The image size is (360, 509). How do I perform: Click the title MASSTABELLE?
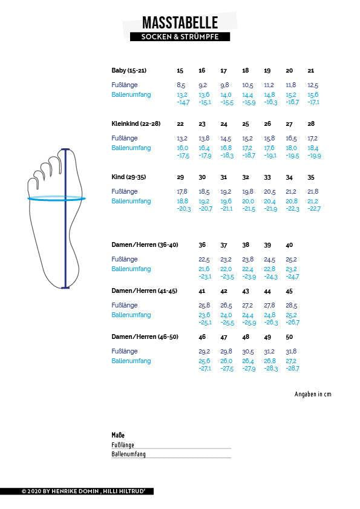179,23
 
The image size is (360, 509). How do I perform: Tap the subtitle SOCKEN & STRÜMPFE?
179,37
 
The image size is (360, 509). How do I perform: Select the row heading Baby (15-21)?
129,71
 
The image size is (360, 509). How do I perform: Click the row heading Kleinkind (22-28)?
136,124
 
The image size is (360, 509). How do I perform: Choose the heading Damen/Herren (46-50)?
145,337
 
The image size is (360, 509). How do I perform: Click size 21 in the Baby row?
311,71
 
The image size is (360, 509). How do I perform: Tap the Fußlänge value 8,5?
181,85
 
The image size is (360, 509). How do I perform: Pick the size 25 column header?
246,124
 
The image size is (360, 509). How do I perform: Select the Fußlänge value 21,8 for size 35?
313,192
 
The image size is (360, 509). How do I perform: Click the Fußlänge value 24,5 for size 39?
269,260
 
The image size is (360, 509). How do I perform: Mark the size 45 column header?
289,291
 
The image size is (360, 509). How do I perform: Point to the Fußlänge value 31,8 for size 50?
291,352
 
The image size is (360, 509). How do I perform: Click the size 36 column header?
202,245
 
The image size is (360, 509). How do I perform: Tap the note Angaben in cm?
313,395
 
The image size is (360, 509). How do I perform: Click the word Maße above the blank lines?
118,435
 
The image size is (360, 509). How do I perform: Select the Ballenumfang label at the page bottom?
128,454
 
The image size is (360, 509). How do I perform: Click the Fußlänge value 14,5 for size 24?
225,139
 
